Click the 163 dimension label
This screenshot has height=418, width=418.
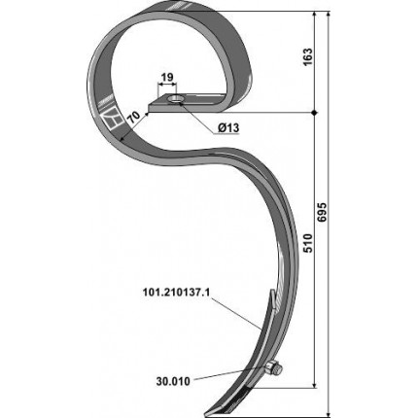point(308,56)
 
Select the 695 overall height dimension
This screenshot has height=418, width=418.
point(323,212)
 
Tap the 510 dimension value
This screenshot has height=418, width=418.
point(308,243)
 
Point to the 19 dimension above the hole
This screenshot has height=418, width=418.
point(167,77)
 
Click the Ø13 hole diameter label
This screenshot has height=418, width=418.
point(228,128)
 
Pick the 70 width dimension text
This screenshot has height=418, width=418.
point(133,117)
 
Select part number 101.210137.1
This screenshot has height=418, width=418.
point(176,293)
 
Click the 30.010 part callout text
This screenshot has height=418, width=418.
point(173,381)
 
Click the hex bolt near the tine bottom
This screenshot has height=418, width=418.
point(274,368)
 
